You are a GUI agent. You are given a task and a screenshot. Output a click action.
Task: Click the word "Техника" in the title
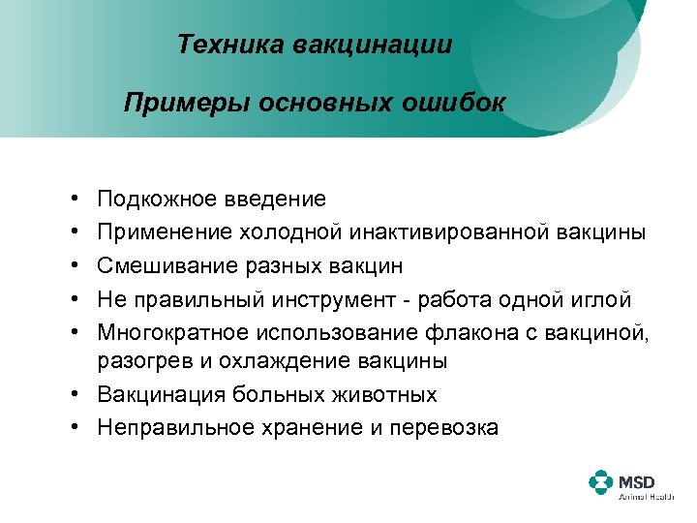point(223,46)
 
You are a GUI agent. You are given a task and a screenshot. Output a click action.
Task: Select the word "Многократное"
point(173,330)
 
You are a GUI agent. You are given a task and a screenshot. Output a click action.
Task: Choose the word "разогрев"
point(137,362)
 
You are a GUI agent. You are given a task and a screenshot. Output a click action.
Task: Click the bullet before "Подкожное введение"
point(75,200)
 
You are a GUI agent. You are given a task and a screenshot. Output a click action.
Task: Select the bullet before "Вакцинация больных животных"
point(75,395)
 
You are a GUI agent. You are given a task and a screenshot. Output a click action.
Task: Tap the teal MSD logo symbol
point(601,483)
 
